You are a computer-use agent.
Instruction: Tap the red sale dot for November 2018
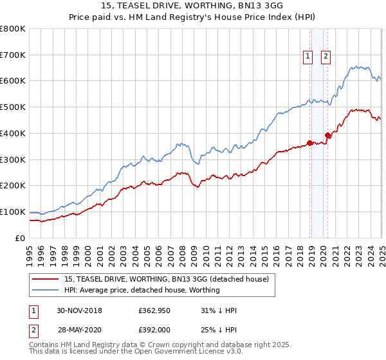point(310,143)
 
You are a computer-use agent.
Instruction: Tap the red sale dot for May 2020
point(327,135)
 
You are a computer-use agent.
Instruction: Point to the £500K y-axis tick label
point(13,107)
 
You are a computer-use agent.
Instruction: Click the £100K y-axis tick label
point(13,212)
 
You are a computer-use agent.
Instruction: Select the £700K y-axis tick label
point(13,55)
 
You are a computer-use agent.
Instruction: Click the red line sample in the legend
point(46,279)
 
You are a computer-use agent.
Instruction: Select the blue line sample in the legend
point(46,290)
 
